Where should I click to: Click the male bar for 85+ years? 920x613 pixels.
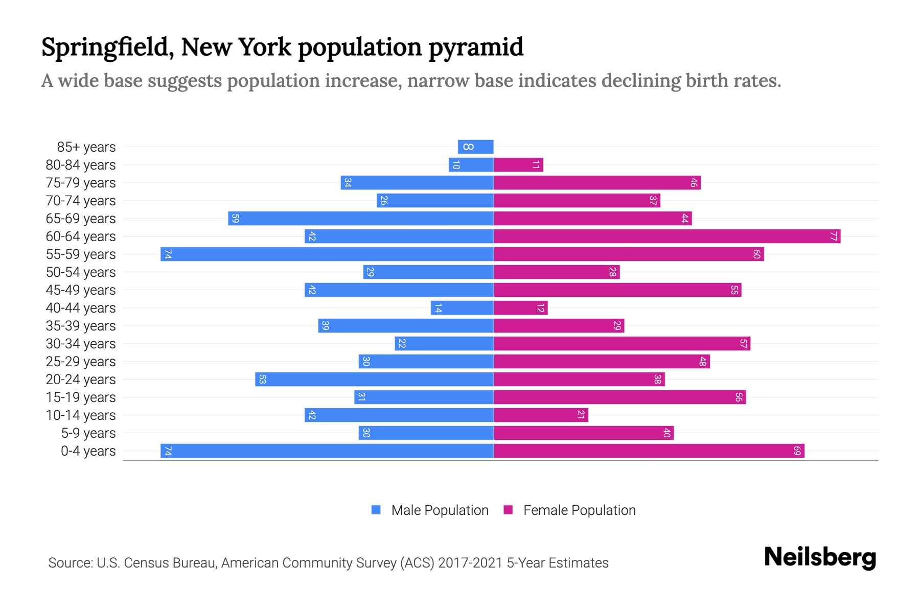(475, 147)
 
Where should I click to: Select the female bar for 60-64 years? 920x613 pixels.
(667, 237)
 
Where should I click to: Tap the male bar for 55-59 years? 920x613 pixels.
(327, 254)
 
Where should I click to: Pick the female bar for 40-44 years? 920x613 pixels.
(520, 308)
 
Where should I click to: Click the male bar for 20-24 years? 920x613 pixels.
(375, 380)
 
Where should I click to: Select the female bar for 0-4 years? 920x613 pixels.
(649, 451)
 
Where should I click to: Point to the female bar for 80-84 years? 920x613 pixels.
(518, 165)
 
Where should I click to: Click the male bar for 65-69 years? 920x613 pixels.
(361, 219)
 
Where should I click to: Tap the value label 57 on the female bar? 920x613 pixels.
(744, 344)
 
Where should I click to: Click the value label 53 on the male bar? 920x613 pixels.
(262, 380)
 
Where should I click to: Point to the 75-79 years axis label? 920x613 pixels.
(81, 183)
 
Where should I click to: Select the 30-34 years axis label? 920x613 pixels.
(81, 344)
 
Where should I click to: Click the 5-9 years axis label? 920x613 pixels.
(88, 433)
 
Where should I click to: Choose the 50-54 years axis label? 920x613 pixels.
(81, 272)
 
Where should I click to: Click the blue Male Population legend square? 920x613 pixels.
(376, 510)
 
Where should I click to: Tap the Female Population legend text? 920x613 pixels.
(579, 510)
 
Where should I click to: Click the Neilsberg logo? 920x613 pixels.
(820, 557)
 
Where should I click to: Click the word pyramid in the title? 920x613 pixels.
(475, 48)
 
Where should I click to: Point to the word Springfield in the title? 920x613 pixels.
(105, 48)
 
